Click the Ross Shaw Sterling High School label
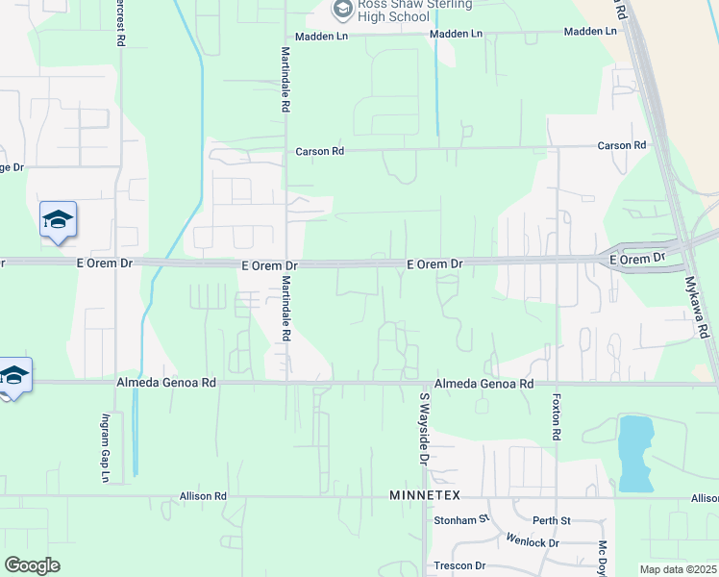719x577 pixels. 415,10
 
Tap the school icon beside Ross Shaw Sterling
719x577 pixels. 342,10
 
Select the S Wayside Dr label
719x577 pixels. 423,429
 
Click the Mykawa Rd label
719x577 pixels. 703,314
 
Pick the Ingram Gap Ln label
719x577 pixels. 106,447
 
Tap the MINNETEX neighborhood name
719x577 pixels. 426,494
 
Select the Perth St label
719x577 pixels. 552,520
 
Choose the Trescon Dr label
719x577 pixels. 459,565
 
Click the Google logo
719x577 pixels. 32,565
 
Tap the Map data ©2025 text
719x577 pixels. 677,569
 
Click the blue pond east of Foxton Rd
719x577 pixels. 632,452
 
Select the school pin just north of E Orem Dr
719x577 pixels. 58,220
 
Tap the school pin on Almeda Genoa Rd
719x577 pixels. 13,375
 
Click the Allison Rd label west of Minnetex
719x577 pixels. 202,496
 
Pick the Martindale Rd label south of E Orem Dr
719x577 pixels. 285,309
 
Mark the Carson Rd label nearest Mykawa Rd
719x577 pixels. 621,146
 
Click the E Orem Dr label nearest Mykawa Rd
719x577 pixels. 631,259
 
